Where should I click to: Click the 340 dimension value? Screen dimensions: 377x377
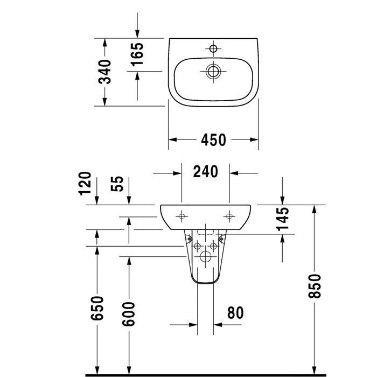tap(106, 71)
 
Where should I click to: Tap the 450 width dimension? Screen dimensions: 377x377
tap(213, 140)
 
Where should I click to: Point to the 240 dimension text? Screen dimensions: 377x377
tap(205, 172)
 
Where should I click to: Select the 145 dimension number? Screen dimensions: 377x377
tap(284, 219)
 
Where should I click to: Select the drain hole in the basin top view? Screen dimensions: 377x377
tap(213, 71)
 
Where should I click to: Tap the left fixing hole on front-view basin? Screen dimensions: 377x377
tap(181, 217)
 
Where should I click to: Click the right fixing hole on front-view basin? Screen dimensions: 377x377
tap(230, 217)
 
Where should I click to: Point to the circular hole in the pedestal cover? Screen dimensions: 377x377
tap(205, 257)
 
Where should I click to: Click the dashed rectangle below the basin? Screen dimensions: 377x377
tap(205, 233)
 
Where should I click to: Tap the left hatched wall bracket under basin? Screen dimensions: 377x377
tap(189, 239)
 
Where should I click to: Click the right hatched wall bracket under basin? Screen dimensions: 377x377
tap(221, 239)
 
